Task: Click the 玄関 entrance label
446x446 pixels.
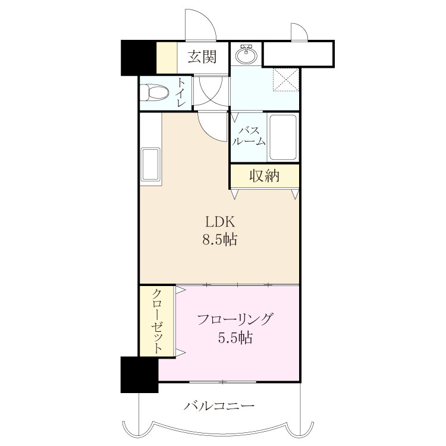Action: (202, 57)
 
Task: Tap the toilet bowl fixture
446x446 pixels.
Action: (155, 92)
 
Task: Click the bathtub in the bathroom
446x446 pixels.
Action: (283, 137)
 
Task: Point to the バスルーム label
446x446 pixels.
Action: (249, 136)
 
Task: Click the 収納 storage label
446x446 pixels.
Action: (265, 176)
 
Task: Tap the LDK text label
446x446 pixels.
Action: (220, 222)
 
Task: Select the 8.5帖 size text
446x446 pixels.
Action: (220, 240)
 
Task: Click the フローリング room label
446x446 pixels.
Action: (235, 319)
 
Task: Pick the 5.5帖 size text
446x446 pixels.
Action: (235, 338)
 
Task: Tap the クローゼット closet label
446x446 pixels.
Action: (157, 321)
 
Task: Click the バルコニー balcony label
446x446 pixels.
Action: (219, 406)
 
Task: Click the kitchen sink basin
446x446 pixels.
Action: (151, 164)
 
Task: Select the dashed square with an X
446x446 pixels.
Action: (285, 79)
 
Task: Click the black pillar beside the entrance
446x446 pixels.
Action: (139, 58)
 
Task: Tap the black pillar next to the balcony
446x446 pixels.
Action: (139, 375)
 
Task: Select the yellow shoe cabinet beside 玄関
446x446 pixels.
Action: (167, 58)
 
